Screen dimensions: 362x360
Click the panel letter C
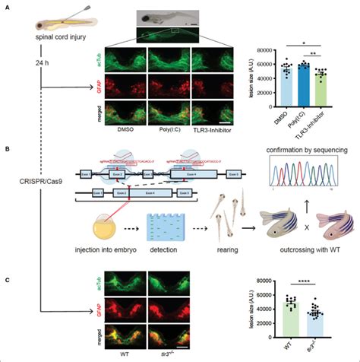pyautogui.click(x=6, y=280)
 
